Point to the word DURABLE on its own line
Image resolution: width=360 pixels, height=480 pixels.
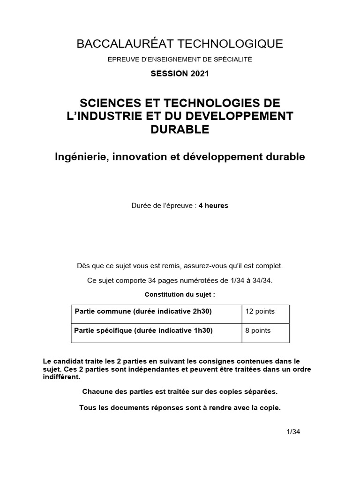point(180,129)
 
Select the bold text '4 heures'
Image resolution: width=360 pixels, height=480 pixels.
point(213,206)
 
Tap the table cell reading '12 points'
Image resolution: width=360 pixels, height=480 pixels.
point(260,311)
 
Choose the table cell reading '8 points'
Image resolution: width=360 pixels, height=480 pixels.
point(258,330)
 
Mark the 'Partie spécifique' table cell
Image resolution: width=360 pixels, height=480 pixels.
point(143,330)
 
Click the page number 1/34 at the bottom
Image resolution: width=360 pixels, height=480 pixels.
point(293,432)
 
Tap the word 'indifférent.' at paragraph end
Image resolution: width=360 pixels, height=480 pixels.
point(61,376)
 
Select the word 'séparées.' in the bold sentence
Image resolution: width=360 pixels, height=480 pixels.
point(263,391)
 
